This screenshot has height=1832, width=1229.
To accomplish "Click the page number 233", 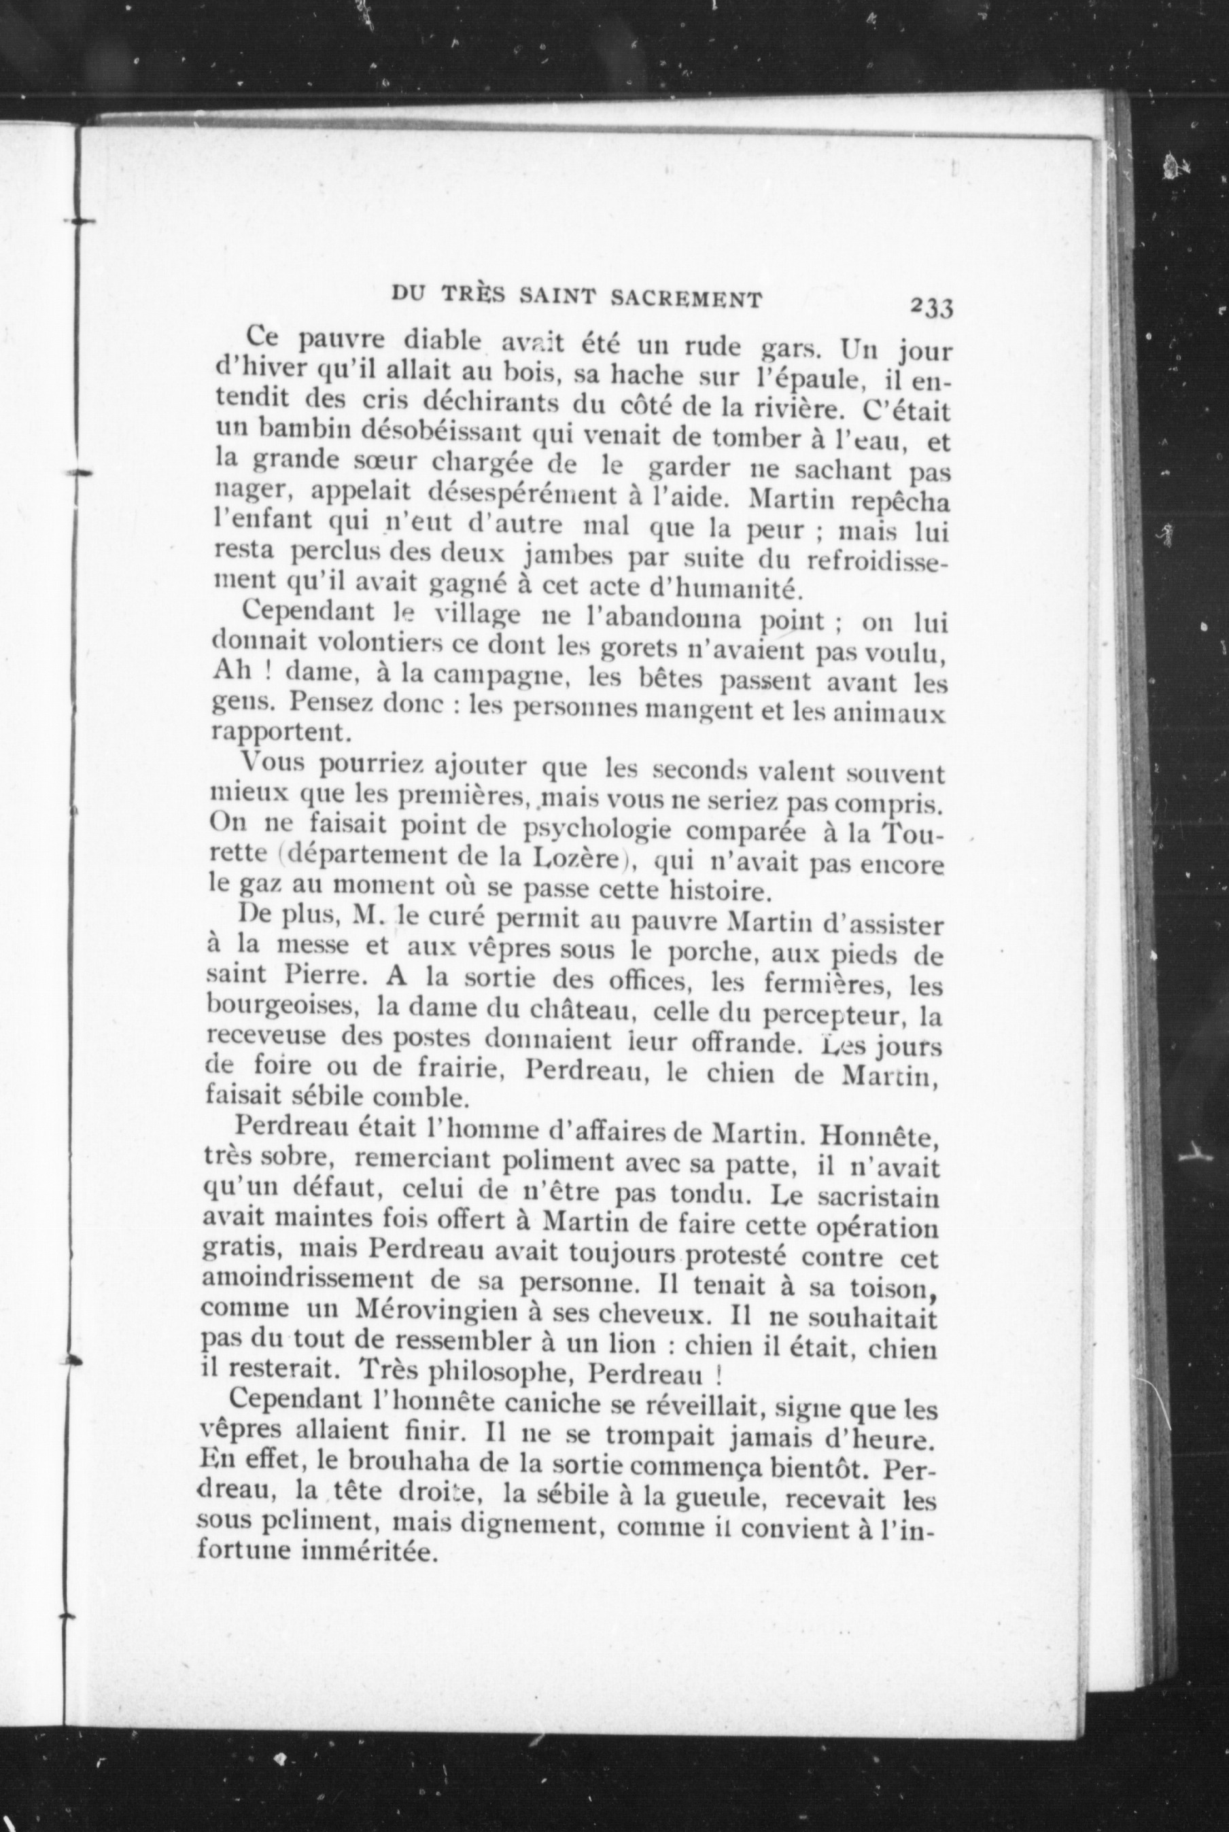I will pyautogui.click(x=931, y=306).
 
